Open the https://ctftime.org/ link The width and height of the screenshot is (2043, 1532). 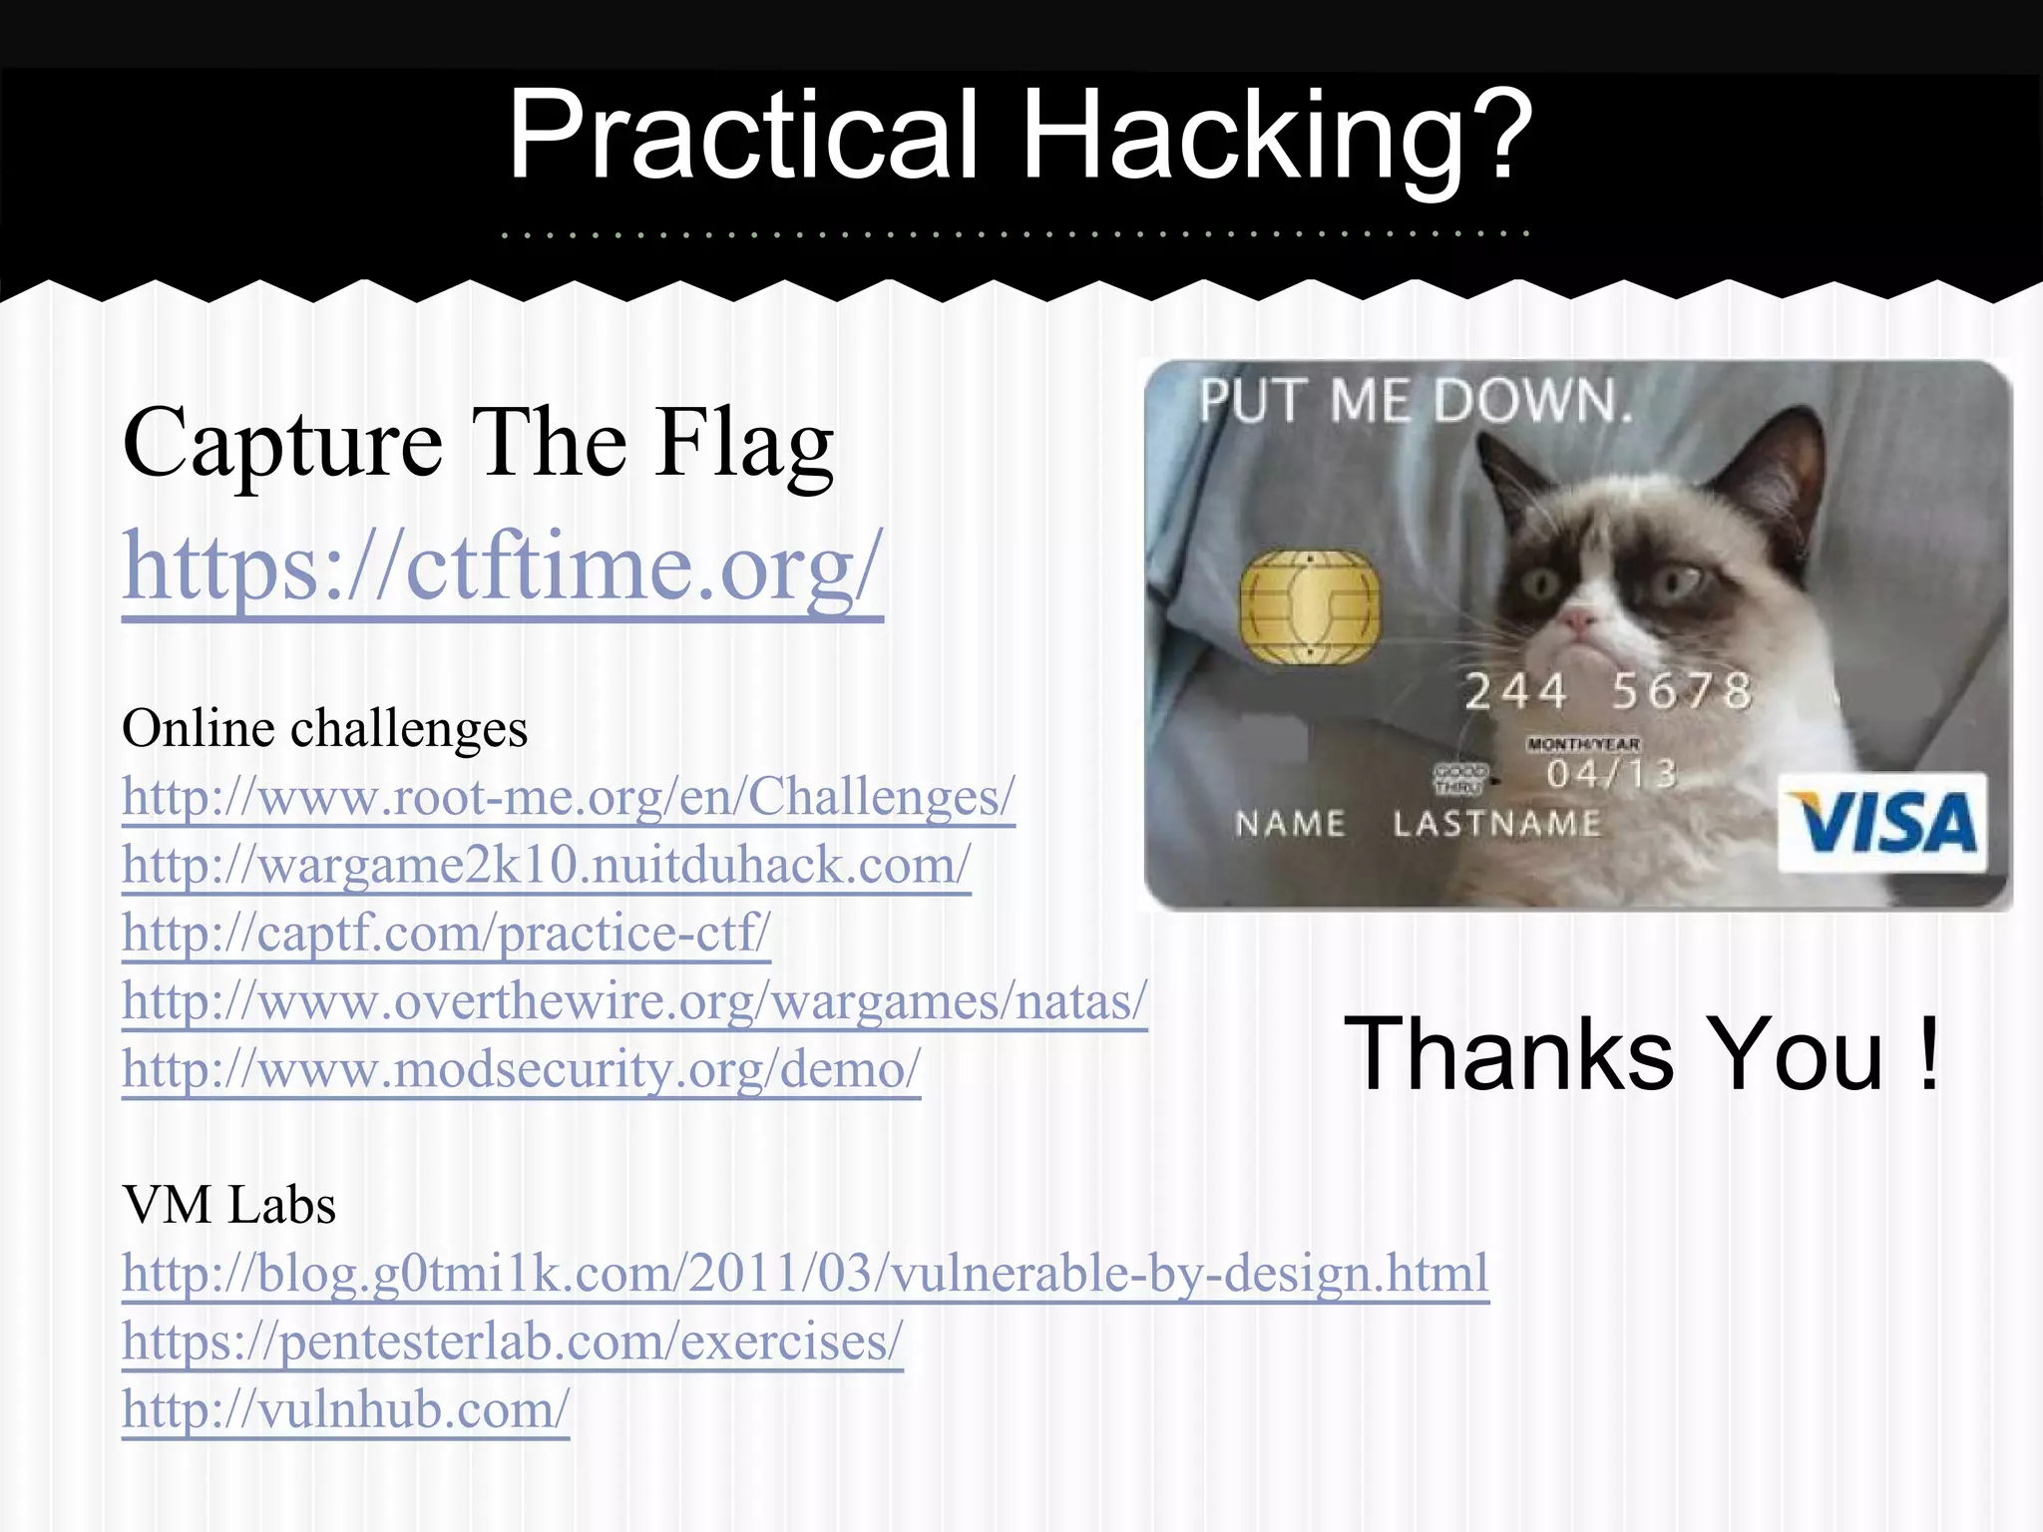point(502,567)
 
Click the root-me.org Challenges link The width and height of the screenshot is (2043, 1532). point(568,797)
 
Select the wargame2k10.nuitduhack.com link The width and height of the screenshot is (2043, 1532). point(546,865)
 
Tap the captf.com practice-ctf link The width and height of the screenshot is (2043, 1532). point(446,933)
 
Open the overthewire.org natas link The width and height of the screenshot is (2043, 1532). point(634,1000)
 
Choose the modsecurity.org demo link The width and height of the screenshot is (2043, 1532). point(521,1069)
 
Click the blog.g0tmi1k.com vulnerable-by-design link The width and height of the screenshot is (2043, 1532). point(805,1274)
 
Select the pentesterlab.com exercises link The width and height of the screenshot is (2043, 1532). point(512,1341)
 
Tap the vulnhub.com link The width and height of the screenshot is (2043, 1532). point(345,1409)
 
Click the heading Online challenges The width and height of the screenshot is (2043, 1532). point(324,728)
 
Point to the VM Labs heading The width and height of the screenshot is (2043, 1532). point(228,1205)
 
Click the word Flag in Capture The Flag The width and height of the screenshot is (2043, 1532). point(744,444)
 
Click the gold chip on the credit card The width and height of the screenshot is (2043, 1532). point(1310,605)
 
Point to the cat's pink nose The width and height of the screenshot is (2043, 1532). point(1577,620)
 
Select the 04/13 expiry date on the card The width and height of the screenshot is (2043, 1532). point(1611,774)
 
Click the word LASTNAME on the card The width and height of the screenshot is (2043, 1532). point(1496,824)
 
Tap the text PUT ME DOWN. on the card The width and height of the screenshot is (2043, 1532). point(1415,401)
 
